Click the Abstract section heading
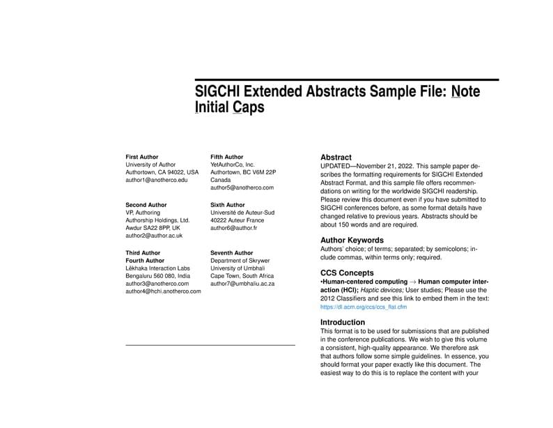pyautogui.click(x=336, y=158)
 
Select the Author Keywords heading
pyautogui.click(x=352, y=240)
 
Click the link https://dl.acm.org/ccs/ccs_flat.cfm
pyautogui.click(x=364, y=307)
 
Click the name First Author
pyautogui.click(x=142, y=157)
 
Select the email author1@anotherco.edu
pyautogui.click(x=157, y=180)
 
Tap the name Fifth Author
pyautogui.click(x=227, y=157)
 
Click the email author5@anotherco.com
pyautogui.click(x=242, y=188)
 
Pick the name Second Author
pyautogui.click(x=146, y=205)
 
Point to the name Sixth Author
pyautogui.click(x=228, y=205)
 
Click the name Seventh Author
pyautogui.click(x=232, y=253)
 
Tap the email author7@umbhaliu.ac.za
pyautogui.click(x=242, y=284)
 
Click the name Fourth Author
pyautogui.click(x=144, y=261)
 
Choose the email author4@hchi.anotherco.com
pyautogui.click(x=163, y=291)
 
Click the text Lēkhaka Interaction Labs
pyautogui.click(x=157, y=268)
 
